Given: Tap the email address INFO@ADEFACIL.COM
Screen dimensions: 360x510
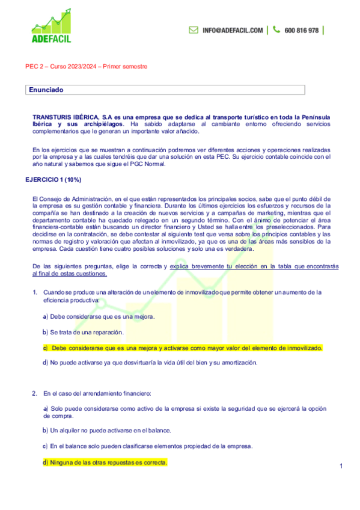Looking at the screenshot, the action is click(x=233, y=30).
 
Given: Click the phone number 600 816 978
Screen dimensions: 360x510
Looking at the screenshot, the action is click(x=301, y=30).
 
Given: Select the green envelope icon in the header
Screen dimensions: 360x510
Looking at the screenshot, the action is click(x=194, y=29).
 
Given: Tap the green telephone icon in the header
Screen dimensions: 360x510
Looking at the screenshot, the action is click(x=276, y=29).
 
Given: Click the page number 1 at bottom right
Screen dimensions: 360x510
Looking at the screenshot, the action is click(x=341, y=466).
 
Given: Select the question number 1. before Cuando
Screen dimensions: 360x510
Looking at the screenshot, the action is click(x=35, y=292).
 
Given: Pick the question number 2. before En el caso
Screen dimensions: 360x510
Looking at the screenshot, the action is click(x=35, y=393).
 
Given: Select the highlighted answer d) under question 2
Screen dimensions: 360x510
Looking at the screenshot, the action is click(x=105, y=462).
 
